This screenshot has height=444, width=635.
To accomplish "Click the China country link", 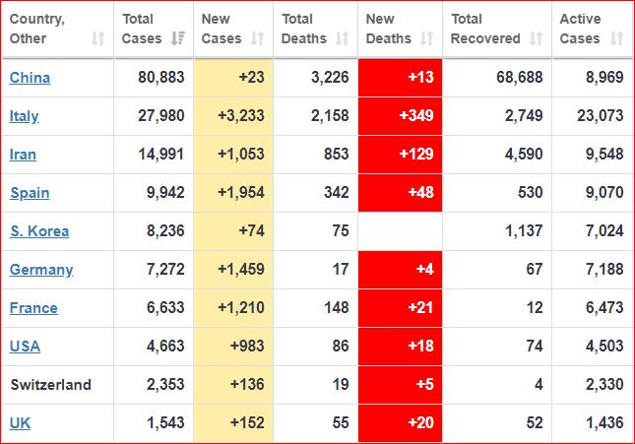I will (x=30, y=78).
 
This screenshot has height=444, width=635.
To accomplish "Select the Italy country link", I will (x=25, y=116).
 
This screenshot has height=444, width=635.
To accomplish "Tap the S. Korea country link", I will (x=39, y=231).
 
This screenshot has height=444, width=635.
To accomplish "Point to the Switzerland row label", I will (x=50, y=385).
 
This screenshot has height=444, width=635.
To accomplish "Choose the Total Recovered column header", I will (x=487, y=29).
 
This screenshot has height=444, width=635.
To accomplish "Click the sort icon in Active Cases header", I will (x=617, y=39).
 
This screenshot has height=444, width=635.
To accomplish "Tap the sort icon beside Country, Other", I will (x=97, y=39).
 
